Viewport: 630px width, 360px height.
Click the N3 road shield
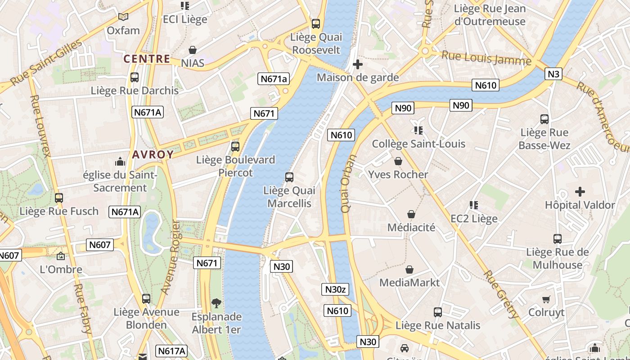(553, 74)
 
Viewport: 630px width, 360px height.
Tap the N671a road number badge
(274, 79)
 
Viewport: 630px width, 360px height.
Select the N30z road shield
(335, 289)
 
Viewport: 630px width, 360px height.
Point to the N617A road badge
(171, 351)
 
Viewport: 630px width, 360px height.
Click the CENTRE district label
(147, 59)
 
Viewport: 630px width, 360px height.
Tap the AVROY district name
(153, 155)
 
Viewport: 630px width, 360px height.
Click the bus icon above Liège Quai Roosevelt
(316, 24)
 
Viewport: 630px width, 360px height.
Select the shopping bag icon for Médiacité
(411, 214)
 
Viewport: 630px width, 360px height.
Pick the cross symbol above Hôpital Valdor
(580, 192)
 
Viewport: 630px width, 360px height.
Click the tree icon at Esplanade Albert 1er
(216, 303)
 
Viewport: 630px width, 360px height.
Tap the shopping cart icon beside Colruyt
(546, 299)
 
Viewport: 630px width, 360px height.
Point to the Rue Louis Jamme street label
(486, 58)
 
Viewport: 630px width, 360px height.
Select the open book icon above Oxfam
(123, 17)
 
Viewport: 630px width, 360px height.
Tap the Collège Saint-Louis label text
(418, 144)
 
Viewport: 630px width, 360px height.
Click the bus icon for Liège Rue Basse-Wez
(544, 119)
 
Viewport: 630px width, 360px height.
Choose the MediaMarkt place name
(409, 283)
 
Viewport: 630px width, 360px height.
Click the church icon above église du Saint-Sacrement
(120, 161)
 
